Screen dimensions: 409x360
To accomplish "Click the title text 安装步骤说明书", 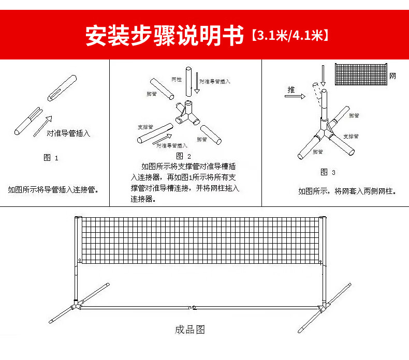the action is click(164, 36).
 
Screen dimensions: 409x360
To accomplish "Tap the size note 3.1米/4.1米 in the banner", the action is click(290, 36).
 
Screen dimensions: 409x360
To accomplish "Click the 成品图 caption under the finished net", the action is click(190, 329).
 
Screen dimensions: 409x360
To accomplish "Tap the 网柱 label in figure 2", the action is click(176, 80).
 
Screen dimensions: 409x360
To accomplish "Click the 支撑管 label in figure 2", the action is click(145, 127).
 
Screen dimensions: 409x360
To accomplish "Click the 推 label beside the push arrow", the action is click(291, 89).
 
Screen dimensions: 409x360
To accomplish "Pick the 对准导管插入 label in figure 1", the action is click(68, 133).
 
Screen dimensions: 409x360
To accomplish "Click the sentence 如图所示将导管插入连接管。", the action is click(53, 189).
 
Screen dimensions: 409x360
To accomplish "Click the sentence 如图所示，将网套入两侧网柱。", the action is click(347, 191).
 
